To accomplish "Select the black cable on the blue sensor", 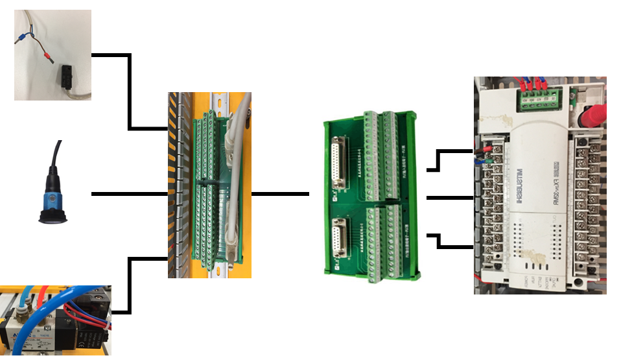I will click(x=57, y=156).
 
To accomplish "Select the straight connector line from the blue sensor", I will click(x=130, y=194).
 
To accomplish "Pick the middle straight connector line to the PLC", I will click(x=450, y=197).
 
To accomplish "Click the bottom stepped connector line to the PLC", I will click(x=450, y=241).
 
